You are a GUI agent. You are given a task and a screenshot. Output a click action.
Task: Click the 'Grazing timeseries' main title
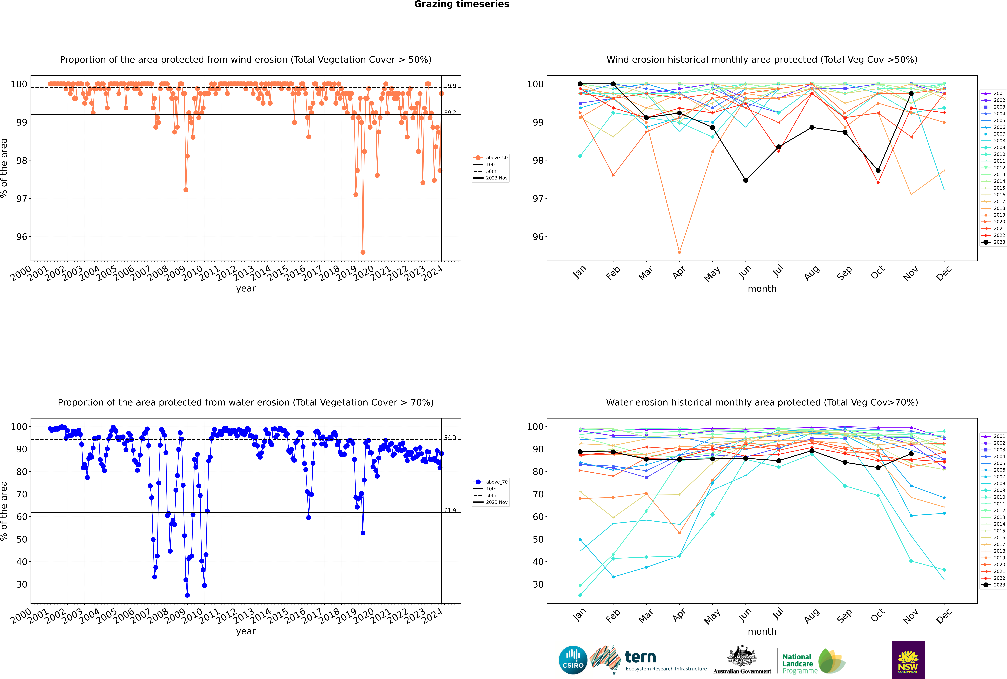pyautogui.click(x=462, y=4)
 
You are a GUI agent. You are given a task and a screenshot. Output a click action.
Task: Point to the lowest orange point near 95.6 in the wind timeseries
pyautogui.click(x=363, y=252)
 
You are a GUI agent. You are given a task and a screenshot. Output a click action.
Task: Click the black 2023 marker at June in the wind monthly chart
pyautogui.click(x=746, y=180)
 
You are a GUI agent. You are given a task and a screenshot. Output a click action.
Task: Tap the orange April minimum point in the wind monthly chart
pyautogui.click(x=679, y=252)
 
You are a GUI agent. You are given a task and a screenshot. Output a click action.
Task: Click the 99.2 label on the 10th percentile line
pyautogui.click(x=450, y=113)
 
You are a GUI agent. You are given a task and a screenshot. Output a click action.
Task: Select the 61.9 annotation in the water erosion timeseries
pyautogui.click(x=450, y=511)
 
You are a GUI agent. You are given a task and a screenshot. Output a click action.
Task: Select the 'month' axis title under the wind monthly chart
pyautogui.click(x=762, y=289)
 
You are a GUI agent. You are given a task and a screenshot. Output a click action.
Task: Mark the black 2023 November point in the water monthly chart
pyautogui.click(x=911, y=454)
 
